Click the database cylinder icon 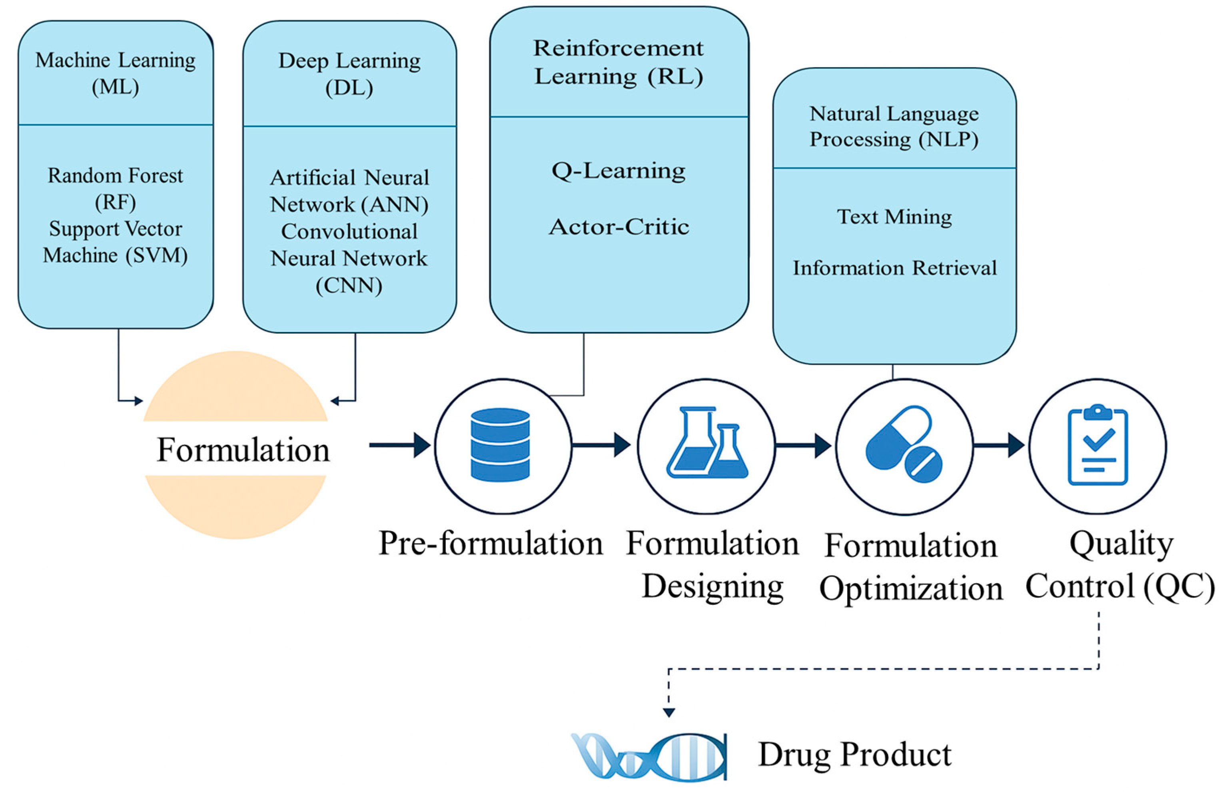500,444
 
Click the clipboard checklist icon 1097,445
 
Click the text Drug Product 854,754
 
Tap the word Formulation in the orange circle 243,450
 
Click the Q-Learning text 618,171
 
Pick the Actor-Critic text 619,227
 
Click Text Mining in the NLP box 894,216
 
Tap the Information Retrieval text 894,268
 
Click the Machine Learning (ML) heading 115,73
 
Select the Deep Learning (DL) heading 349,74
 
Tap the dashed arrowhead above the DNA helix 668,712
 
